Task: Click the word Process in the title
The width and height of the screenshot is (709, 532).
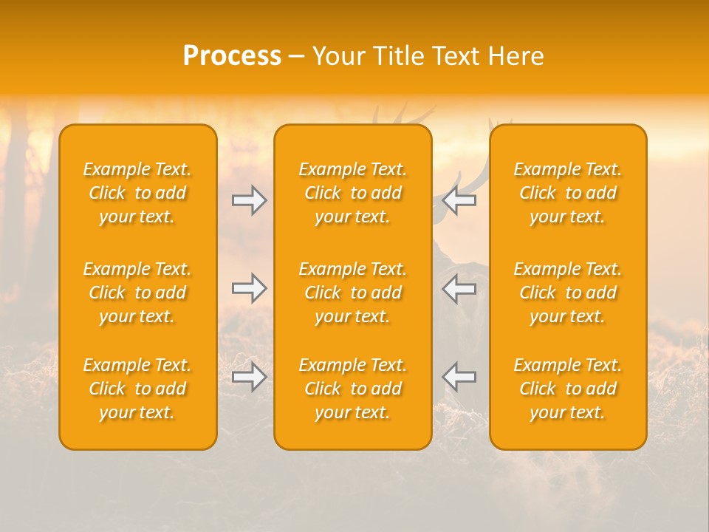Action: tap(232, 56)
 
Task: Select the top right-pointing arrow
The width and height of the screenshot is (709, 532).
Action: tap(249, 200)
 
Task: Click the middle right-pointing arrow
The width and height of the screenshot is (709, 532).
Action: tap(249, 288)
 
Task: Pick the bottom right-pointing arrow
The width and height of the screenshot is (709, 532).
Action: tap(249, 377)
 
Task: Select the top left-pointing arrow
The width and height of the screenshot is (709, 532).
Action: tap(459, 200)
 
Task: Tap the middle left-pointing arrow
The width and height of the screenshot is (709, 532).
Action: tap(459, 288)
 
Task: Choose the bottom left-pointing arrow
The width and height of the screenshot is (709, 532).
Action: tap(459, 377)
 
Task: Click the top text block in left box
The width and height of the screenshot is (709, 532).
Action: tap(137, 193)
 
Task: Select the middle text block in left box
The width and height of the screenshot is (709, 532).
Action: tap(137, 293)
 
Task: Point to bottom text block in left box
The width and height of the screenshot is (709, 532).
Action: tap(137, 389)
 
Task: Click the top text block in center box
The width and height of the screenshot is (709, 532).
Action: tap(353, 193)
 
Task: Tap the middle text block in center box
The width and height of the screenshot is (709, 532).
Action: tap(353, 293)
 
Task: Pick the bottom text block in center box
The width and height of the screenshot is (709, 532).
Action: tap(353, 389)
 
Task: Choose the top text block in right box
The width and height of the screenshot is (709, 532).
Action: tap(568, 193)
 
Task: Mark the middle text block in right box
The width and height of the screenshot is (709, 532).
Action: tap(568, 293)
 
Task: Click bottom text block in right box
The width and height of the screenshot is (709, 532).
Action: tap(568, 389)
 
